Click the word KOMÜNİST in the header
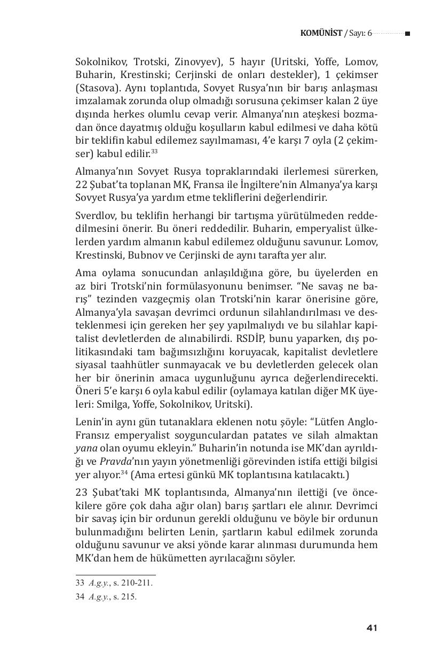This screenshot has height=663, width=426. tap(321, 33)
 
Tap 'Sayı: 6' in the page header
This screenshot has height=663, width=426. tap(359, 33)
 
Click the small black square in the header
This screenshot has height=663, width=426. tap(407, 34)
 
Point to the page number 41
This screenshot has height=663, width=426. tap(372, 628)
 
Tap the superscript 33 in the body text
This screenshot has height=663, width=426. tap(154, 152)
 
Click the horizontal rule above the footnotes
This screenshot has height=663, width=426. tap(115, 575)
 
